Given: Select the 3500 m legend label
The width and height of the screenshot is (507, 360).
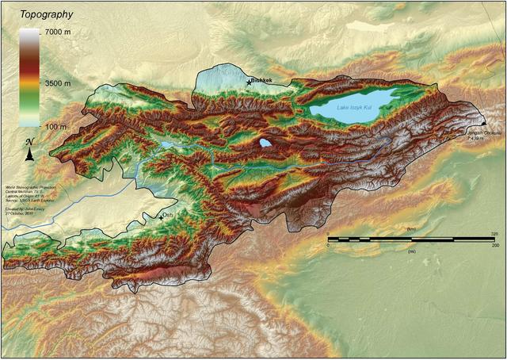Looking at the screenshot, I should [56, 81].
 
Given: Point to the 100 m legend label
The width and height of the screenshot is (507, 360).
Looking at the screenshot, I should [55, 125].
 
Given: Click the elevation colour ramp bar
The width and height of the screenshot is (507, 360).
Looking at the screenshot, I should [28, 79].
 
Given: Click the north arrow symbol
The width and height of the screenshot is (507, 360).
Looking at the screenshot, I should [29, 151].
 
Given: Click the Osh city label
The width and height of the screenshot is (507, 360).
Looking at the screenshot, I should [170, 215].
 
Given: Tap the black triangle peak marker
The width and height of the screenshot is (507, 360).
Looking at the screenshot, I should [483, 124].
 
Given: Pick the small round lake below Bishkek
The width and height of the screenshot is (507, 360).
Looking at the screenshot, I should [265, 144].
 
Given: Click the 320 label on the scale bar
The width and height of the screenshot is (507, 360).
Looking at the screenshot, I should [493, 233].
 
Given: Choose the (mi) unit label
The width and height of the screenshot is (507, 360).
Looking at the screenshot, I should [410, 248].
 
